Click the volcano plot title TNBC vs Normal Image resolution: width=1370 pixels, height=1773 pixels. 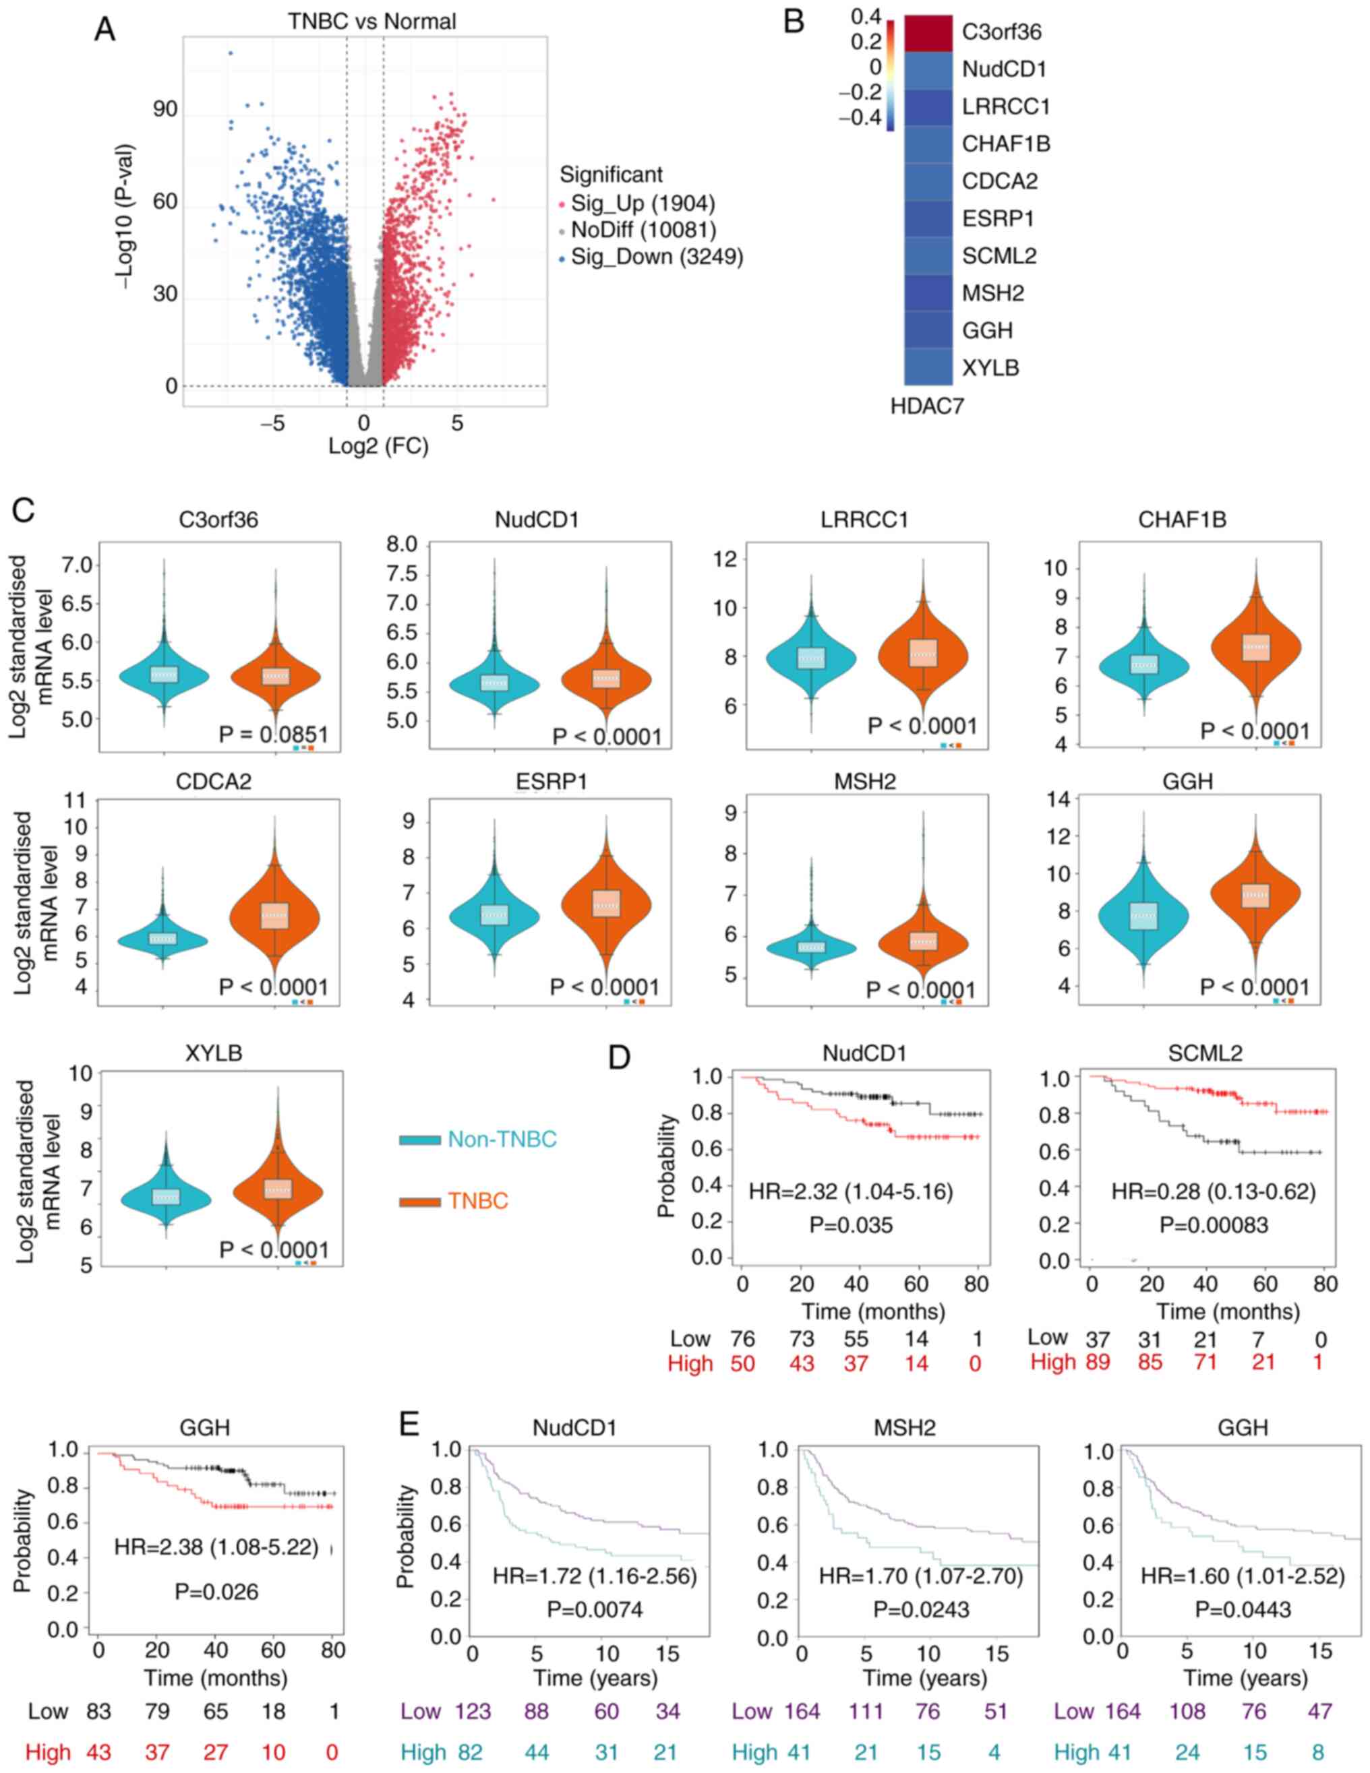point(372,20)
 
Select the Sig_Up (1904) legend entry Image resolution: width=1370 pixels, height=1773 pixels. point(643,203)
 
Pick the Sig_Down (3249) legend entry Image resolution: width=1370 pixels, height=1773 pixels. point(656,257)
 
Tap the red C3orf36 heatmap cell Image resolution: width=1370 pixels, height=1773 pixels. point(928,33)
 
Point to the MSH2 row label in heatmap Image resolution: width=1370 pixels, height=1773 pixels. point(992,293)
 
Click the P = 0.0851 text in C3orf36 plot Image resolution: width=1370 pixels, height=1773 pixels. point(274,735)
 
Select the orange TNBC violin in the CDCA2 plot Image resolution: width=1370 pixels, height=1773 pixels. point(275,916)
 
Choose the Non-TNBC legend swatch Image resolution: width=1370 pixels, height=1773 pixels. point(419,1140)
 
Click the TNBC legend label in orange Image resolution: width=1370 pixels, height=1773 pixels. point(477,1201)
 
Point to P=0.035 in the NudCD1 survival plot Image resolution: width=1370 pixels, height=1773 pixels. point(850,1225)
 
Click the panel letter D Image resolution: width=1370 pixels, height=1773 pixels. point(619,1058)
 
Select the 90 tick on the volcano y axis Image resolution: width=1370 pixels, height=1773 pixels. point(165,108)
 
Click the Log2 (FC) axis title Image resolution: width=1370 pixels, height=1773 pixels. point(378,445)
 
